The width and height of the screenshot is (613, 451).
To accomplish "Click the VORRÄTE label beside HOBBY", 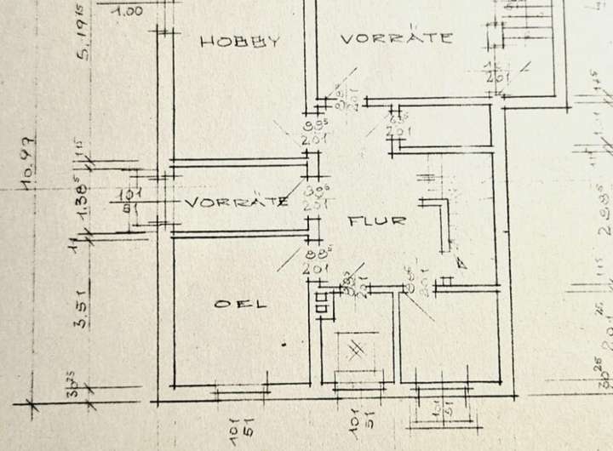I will pyautogui.click(x=396, y=38).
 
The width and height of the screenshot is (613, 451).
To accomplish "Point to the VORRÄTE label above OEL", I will pyautogui.click(x=236, y=203).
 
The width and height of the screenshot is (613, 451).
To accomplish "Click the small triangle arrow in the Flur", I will pyautogui.click(x=461, y=262).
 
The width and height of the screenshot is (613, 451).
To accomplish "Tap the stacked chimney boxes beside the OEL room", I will pyautogui.click(x=321, y=304).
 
